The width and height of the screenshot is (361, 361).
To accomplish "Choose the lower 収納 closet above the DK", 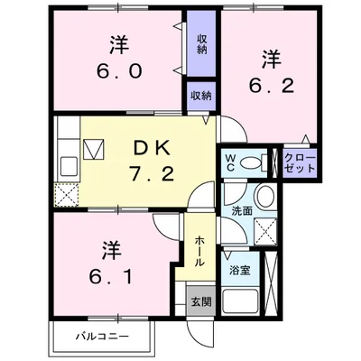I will pos(200,96).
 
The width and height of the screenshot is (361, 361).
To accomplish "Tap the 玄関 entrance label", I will pos(200,302).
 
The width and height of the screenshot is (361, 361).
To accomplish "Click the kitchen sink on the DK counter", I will pos(67,165).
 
